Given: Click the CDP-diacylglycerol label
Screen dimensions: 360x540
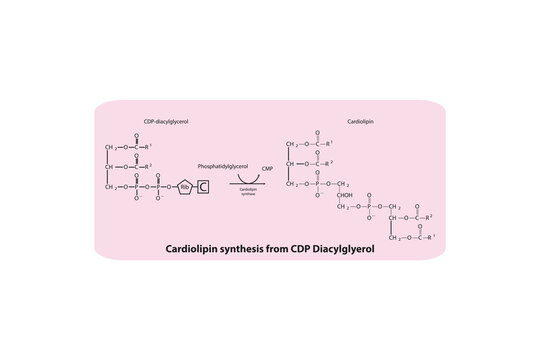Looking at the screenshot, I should click(x=165, y=121).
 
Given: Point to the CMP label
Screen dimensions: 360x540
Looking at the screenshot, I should click(x=266, y=171).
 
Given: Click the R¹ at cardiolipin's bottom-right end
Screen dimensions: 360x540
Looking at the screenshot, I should click(x=431, y=238).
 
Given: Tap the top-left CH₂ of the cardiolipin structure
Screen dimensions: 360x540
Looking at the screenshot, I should click(x=292, y=146).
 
